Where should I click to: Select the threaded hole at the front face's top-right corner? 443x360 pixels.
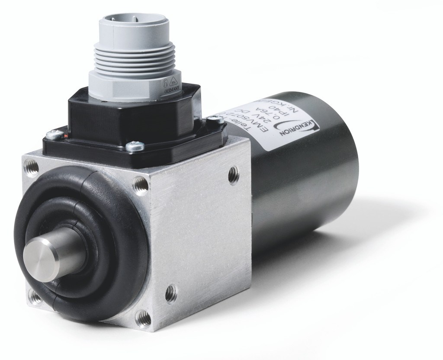(141, 185)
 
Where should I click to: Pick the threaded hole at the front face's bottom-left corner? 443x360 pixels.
(34, 297)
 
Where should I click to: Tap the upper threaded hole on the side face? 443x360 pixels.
(234, 174)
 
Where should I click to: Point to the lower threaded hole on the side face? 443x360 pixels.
(171, 294)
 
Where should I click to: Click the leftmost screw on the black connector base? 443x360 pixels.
(54, 135)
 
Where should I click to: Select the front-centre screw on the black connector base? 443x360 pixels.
(135, 147)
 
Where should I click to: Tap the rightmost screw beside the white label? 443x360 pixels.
(215, 120)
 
